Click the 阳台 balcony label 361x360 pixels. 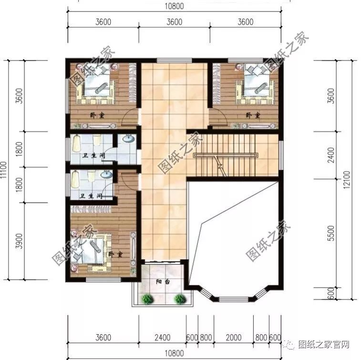[163, 282]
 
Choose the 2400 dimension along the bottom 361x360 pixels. [162, 338]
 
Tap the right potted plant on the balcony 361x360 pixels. [179, 299]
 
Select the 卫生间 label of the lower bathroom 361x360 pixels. [91, 196]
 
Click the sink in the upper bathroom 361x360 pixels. [128, 139]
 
